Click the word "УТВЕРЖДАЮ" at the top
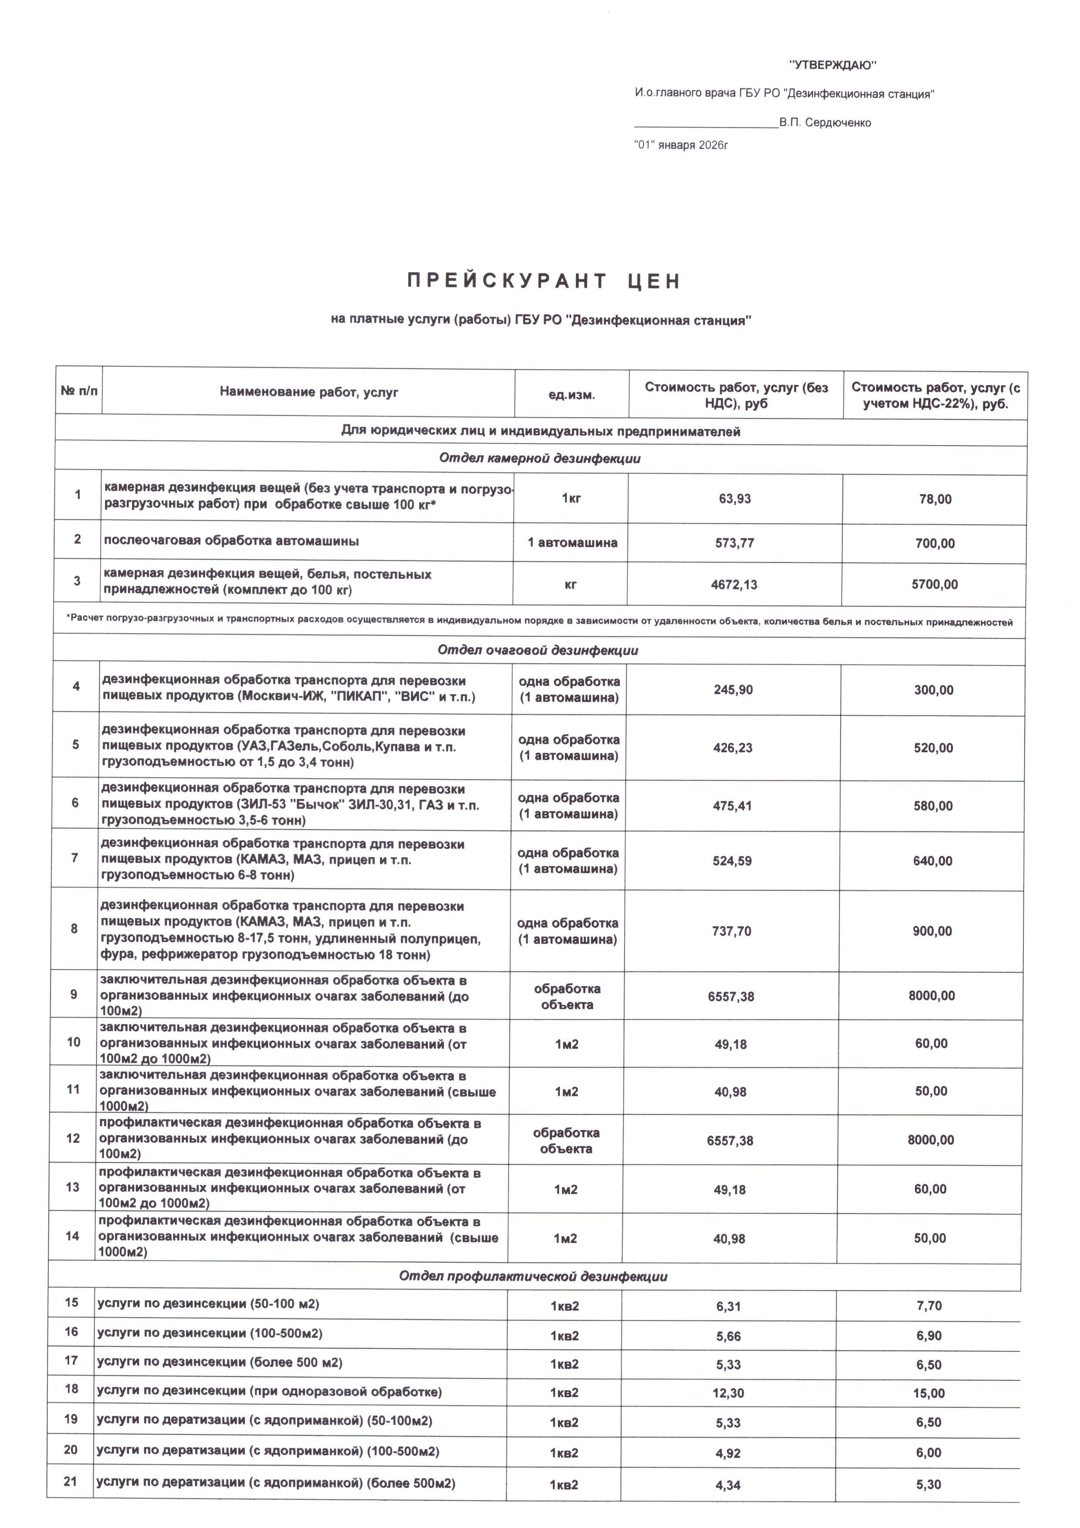coord(833,65)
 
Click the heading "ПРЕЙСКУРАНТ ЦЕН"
coord(543,281)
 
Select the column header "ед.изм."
coord(572,395)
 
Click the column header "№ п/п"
coord(78,391)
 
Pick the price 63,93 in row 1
coord(735,498)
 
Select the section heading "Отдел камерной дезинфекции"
coord(540,459)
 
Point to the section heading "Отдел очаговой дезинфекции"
coord(538,650)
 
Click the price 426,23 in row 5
coord(733,748)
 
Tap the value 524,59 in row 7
coord(732,861)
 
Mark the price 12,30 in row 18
coord(728,1393)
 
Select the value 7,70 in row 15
coord(929,1306)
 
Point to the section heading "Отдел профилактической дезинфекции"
coord(533,1276)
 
